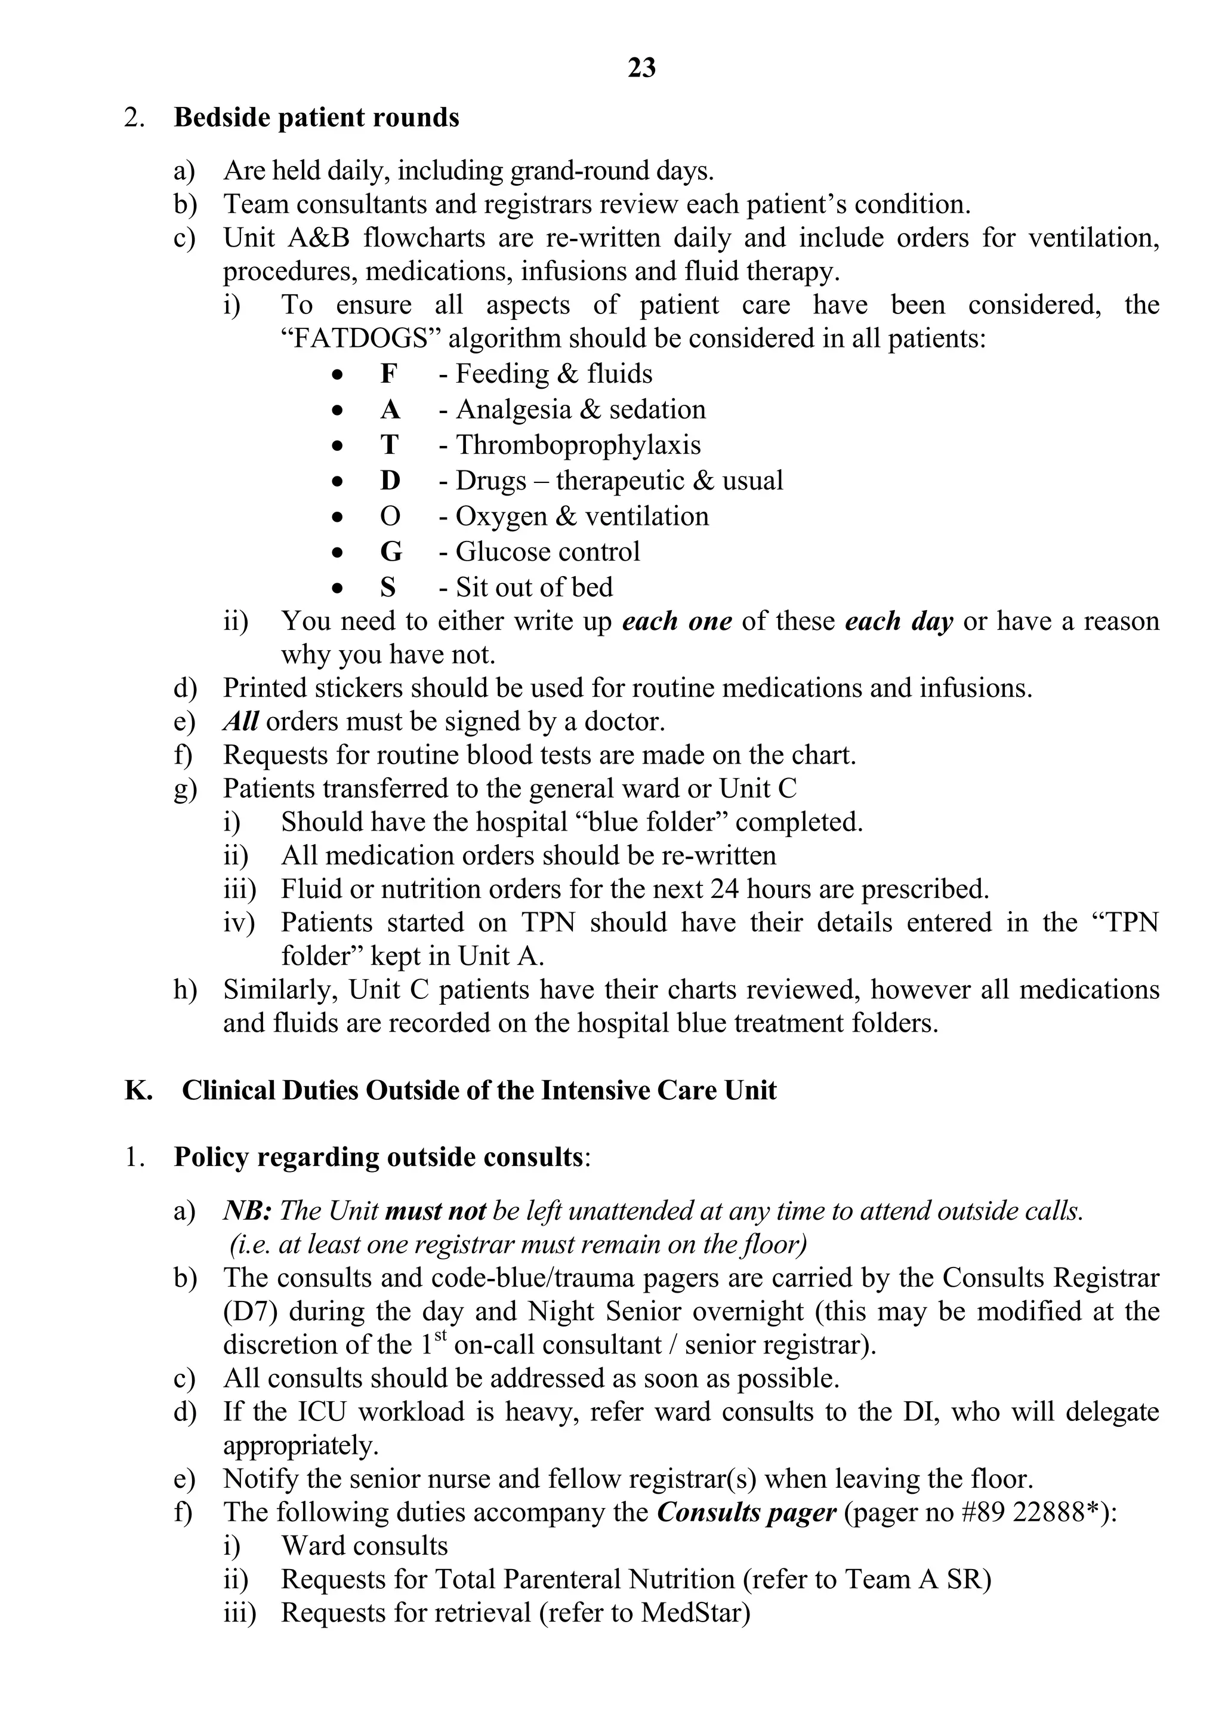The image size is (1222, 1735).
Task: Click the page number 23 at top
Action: pyautogui.click(x=641, y=68)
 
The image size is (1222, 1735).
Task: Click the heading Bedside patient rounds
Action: pyautogui.click(x=316, y=118)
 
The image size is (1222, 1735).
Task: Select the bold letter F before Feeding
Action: pyautogui.click(x=388, y=374)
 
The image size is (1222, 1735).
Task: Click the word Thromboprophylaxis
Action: pyautogui.click(x=578, y=445)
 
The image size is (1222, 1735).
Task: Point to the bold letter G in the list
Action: pyautogui.click(x=390, y=552)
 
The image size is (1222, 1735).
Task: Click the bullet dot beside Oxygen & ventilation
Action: pyautogui.click(x=338, y=518)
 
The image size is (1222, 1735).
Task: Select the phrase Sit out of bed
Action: pyautogui.click(x=534, y=587)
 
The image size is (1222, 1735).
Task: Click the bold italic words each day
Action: pyautogui.click(x=898, y=621)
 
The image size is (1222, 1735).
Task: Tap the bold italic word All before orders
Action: pyautogui.click(x=241, y=722)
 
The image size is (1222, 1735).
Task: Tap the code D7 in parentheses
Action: pyautogui.click(x=251, y=1311)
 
